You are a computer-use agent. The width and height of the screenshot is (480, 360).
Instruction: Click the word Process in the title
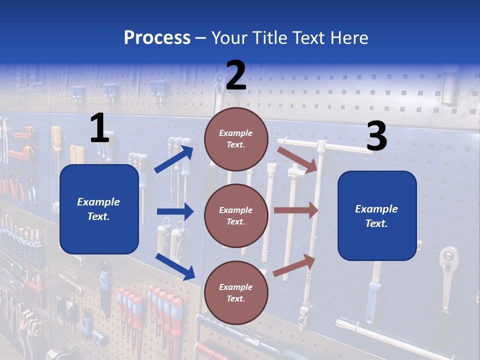[x=157, y=37]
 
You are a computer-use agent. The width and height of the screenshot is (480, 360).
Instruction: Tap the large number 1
[x=99, y=128]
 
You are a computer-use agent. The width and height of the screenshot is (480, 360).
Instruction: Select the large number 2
[x=236, y=75]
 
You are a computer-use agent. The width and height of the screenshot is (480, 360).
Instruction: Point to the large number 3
[x=376, y=136]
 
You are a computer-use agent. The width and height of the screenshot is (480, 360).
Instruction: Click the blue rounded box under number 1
[x=99, y=209]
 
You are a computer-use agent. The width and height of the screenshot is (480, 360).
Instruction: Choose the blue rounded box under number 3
[x=377, y=215]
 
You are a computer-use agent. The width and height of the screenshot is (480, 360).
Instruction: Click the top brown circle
[x=236, y=139]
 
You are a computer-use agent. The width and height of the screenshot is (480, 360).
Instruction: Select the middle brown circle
[x=236, y=215]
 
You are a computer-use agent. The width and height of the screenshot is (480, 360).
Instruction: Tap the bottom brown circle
[x=236, y=292]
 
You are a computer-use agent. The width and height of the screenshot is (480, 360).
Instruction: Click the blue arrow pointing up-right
[x=174, y=159]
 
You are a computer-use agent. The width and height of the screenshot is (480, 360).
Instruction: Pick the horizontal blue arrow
[x=175, y=211]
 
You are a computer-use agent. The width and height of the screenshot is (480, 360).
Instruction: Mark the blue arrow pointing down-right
[x=175, y=266]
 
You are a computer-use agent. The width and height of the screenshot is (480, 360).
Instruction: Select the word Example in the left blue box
[x=98, y=202]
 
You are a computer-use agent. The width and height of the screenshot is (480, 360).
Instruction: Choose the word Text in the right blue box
[x=376, y=223]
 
